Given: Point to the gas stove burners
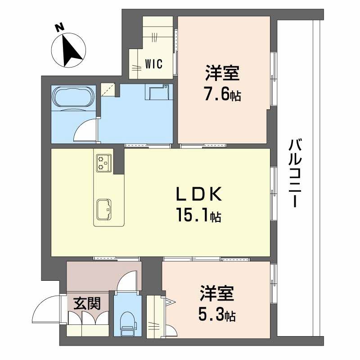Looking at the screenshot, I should click(x=103, y=162).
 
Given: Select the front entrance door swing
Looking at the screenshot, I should click(x=46, y=310).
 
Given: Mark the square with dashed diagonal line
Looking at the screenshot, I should click(x=108, y=90).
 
